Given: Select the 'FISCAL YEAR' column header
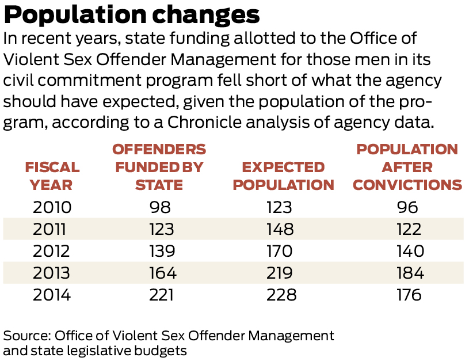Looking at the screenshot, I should click(52, 176).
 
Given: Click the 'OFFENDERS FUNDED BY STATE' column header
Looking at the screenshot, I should click(159, 167).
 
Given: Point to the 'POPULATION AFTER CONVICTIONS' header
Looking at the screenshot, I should click(407, 167).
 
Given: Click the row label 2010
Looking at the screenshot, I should click(52, 207).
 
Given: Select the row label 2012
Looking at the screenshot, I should click(52, 251).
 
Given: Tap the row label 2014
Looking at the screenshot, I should click(52, 295).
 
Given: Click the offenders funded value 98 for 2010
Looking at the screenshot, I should click(159, 207).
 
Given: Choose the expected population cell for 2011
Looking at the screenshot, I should click(280, 229).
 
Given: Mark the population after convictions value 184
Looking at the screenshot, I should click(409, 273).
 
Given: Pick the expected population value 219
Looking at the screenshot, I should click(280, 273).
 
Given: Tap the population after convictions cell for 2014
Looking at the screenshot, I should click(409, 295).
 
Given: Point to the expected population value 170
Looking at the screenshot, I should click(280, 251).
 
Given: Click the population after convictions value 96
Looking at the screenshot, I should click(409, 207).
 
